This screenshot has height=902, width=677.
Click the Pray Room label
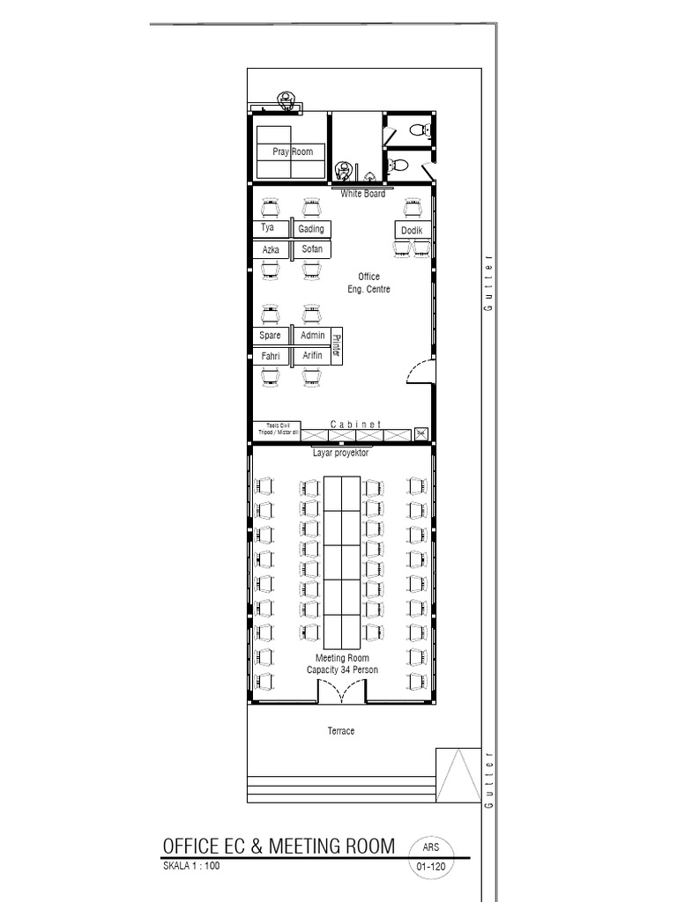[x=293, y=152]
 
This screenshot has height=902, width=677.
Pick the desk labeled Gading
[x=310, y=229]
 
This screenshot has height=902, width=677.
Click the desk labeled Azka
[x=271, y=249]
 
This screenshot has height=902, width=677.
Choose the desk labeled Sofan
[x=311, y=249]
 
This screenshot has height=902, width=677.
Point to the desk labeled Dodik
[x=412, y=230]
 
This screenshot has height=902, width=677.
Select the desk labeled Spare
[x=270, y=336]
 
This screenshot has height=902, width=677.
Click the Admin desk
[x=312, y=336]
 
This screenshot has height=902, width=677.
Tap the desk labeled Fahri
[x=270, y=356]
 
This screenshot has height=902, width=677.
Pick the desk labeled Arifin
[x=312, y=356]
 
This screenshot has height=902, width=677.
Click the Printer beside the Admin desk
[x=336, y=344]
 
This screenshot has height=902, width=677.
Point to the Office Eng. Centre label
[x=368, y=283]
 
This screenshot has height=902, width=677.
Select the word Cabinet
[x=356, y=425]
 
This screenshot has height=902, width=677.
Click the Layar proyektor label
[x=340, y=454]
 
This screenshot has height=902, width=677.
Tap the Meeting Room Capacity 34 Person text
[x=342, y=664]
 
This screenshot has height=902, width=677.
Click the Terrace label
[x=341, y=731]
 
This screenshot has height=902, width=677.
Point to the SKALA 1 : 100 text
[x=191, y=867]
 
